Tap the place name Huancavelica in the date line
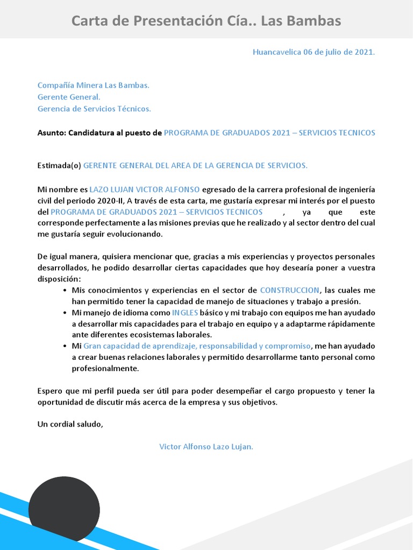click(276, 52)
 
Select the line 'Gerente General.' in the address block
click(69, 97)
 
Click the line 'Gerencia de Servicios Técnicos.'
click(94, 108)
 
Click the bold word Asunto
click(51, 133)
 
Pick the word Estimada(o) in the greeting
click(59, 165)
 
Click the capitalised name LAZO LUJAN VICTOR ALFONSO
click(144, 190)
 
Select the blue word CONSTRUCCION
click(289, 291)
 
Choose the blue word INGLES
click(185, 313)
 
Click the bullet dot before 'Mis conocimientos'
click(65, 291)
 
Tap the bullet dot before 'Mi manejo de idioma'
click(65, 313)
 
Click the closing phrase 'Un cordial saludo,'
click(70, 424)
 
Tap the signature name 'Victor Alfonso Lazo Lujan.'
click(206, 447)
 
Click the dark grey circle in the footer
click(64, 508)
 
